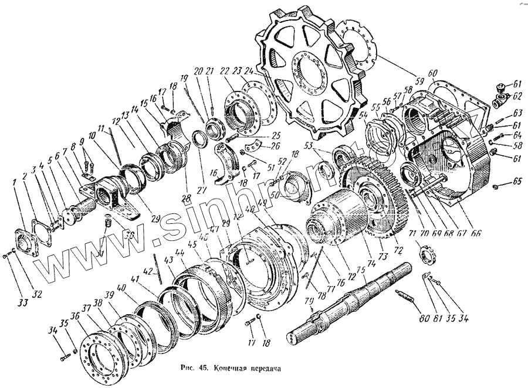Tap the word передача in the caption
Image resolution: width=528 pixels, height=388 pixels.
[x=259, y=370]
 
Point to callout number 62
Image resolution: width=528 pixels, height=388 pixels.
[x=516, y=96]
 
